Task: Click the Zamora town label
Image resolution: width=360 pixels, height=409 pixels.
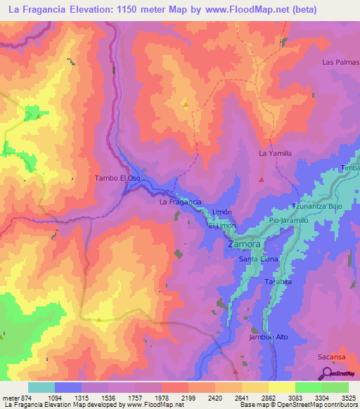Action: pyautogui.click(x=245, y=245)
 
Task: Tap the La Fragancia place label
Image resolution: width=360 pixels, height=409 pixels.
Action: pyautogui.click(x=181, y=202)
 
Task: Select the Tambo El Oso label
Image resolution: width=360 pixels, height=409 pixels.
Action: pyautogui.click(x=117, y=178)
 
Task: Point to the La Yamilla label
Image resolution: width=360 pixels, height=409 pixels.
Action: pyautogui.click(x=275, y=152)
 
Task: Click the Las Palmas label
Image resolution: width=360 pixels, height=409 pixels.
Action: pyautogui.click(x=340, y=63)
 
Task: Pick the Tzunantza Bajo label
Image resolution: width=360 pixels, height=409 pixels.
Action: pyautogui.click(x=318, y=207)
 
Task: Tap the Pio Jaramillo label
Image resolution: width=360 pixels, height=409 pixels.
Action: pyautogui.click(x=290, y=221)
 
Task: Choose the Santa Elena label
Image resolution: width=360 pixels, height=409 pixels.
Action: pyautogui.click(x=259, y=259)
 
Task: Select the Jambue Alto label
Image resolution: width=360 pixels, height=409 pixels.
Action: pyautogui.click(x=269, y=337)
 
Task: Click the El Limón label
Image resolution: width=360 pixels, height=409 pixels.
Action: pyautogui.click(x=222, y=225)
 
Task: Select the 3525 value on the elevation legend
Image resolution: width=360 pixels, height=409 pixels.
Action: pyautogui.click(x=348, y=398)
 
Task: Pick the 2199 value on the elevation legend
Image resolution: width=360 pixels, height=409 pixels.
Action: pyautogui.click(x=188, y=398)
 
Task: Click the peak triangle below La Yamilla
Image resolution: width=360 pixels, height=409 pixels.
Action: pyautogui.click(x=262, y=180)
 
